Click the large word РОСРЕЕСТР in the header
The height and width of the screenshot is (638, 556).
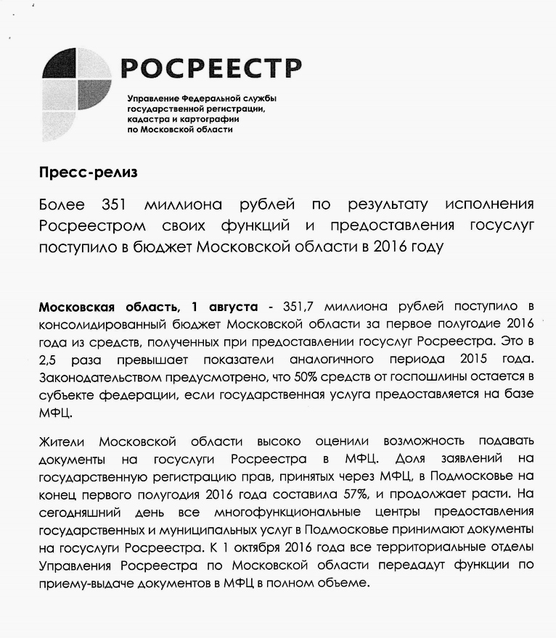211,68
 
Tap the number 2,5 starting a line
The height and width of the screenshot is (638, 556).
48,360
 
